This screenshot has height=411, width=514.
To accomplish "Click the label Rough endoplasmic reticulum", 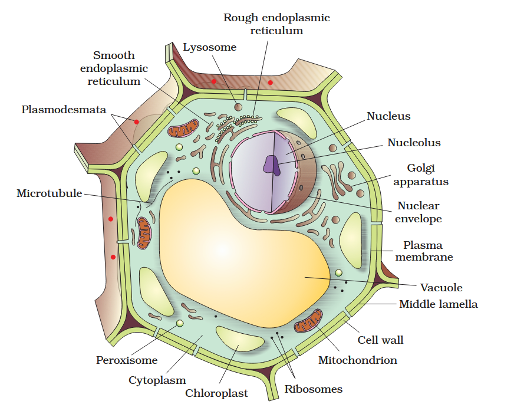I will pos(276,24).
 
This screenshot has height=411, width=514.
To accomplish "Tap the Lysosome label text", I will pos(209,47).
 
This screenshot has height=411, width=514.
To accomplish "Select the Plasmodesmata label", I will pos(64,110).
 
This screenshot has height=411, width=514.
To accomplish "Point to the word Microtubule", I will pos(50,193).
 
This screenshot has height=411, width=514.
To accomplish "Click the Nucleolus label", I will pos(414,143).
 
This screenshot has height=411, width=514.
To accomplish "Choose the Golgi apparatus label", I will pos(420,175).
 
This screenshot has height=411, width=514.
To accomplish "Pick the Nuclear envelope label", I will pos(418,212).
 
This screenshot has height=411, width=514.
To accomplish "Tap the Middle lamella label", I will pos(438,304).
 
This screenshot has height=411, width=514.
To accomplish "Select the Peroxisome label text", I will pos(127,360).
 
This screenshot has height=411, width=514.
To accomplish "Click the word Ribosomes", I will pos(313,389).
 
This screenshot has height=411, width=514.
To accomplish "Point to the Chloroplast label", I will pos(216,393).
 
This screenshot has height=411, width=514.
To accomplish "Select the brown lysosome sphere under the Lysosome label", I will pos(238,107).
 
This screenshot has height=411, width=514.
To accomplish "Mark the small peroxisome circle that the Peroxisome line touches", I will pos(180,324).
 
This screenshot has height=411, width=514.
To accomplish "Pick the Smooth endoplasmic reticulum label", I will pos(114,68).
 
